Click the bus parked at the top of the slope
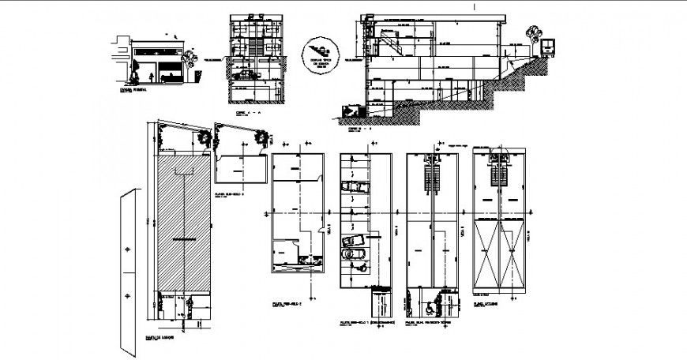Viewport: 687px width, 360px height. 546,46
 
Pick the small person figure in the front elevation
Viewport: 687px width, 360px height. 150,77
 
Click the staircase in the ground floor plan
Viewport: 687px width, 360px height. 431,174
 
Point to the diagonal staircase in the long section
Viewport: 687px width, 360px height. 392,40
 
